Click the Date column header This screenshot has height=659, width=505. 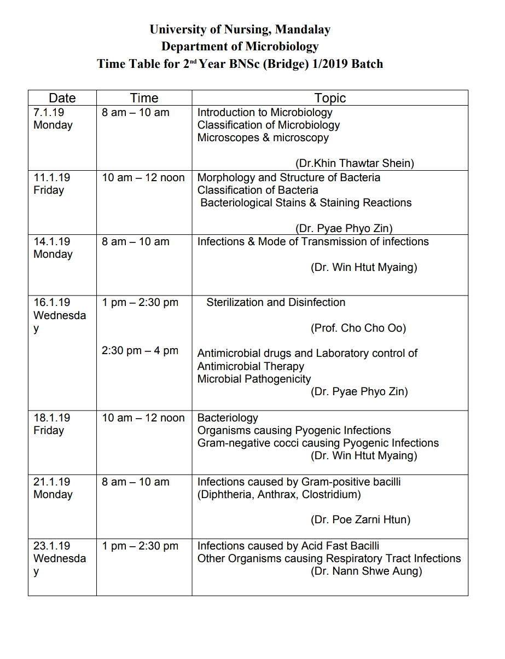(x=62, y=98)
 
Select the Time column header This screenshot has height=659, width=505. (x=144, y=98)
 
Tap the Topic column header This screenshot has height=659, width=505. (x=330, y=98)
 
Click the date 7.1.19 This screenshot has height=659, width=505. (x=48, y=112)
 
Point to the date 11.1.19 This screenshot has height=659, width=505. (x=51, y=177)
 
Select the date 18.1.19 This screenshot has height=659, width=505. (x=51, y=418)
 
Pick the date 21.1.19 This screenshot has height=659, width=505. (x=51, y=482)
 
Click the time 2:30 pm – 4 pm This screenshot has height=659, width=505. (x=140, y=350)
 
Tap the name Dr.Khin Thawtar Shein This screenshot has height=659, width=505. (x=355, y=163)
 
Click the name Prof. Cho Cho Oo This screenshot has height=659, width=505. (x=358, y=328)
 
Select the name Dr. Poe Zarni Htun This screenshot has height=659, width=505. (x=361, y=520)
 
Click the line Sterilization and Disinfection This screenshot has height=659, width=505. (x=276, y=302)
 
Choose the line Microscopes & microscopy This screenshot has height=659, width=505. (x=263, y=137)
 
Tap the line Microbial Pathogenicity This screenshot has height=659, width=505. (x=254, y=379)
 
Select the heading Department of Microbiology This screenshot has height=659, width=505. (x=240, y=47)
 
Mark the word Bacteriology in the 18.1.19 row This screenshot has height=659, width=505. (x=228, y=418)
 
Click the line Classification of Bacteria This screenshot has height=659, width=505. (x=258, y=190)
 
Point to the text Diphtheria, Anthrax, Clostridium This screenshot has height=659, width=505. (x=279, y=494)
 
